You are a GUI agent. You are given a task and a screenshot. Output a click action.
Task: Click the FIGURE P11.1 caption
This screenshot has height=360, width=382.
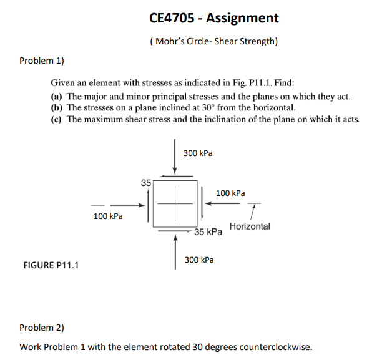[51, 265]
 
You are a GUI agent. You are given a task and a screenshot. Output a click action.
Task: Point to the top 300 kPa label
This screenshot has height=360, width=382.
[198, 153]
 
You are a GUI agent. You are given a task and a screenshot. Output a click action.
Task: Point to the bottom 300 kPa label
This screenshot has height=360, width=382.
[199, 259]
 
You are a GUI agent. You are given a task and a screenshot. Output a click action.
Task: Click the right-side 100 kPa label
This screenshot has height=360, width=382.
[230, 193]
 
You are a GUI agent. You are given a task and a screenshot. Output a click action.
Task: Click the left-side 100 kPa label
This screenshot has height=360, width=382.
[108, 216]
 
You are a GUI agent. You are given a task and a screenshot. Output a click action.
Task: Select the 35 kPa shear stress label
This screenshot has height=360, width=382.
[208, 232]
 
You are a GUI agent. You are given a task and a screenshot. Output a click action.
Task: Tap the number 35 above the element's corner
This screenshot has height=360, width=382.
[145, 183]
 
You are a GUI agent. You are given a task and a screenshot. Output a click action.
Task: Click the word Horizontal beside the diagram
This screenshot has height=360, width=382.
[250, 226]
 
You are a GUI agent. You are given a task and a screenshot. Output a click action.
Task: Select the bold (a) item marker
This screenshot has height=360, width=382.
[57, 97]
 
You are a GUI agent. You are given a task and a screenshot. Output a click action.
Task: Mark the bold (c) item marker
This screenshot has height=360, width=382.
[57, 119]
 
